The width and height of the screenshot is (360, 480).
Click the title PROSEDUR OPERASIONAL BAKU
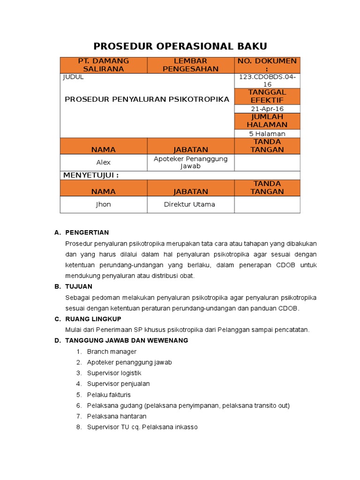[180, 46]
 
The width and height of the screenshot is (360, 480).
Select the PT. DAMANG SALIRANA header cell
[104, 65]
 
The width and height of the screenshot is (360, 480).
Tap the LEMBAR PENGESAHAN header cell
[190, 65]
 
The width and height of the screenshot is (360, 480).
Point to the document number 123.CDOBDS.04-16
[267, 81]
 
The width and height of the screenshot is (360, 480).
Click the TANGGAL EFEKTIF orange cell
[267, 96]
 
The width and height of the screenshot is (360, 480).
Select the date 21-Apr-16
[267, 109]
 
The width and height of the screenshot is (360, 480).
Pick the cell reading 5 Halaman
[267, 134]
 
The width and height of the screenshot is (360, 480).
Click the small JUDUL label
[73, 77]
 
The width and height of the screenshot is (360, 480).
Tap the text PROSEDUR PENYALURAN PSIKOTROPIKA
[147, 99]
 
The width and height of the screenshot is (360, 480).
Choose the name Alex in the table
[104, 162]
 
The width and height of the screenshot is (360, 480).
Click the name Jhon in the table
[104, 204]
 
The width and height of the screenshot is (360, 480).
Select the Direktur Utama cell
[190, 204]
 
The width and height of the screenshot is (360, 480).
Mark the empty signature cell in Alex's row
[267, 162]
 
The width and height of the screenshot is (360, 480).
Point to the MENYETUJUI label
[91, 175]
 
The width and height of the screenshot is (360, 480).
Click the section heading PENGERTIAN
[87, 232]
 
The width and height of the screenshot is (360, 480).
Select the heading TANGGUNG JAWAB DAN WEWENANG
[127, 340]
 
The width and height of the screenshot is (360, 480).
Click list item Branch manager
[112, 352]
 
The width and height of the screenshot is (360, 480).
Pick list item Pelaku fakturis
[109, 395]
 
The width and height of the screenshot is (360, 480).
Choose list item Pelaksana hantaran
[117, 416]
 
